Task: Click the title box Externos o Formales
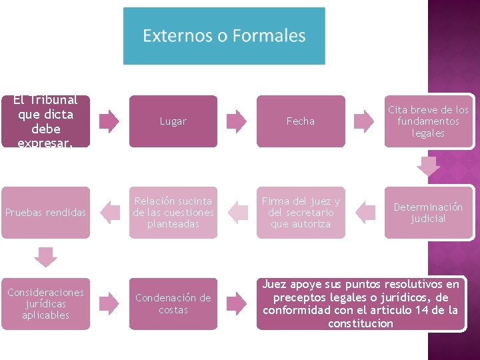tap(224, 36)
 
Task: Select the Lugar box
tap(173, 121)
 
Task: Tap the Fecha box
tap(301, 121)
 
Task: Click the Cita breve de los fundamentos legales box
tap(429, 121)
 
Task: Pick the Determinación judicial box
tap(429, 213)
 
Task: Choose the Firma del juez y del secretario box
tap(301, 213)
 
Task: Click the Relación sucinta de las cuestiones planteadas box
tap(173, 213)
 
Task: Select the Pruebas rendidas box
tap(45, 213)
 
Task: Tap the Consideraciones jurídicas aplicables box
tap(45, 304)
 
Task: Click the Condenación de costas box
tap(173, 304)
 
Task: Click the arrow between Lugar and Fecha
tap(237, 121)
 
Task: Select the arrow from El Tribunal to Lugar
tap(109, 121)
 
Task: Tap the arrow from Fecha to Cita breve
tap(364, 121)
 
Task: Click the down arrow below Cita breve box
tap(429, 166)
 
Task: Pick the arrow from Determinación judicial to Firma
tap(365, 213)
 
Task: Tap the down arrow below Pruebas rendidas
tap(45, 257)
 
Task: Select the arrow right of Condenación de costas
tap(237, 304)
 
